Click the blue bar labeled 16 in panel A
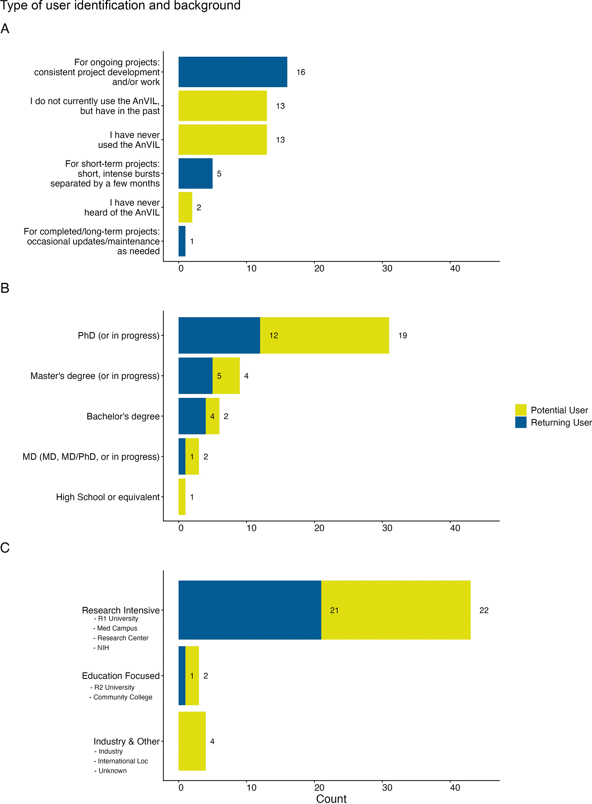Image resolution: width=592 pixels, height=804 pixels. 233,72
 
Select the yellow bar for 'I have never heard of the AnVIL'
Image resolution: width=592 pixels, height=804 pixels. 185,207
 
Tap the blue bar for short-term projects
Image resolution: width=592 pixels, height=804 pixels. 195,173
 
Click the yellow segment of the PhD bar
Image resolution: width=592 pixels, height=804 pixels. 325,335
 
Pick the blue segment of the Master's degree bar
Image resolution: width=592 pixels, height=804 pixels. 195,375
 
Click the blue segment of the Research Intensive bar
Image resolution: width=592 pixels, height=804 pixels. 250,610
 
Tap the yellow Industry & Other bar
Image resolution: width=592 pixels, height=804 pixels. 192,741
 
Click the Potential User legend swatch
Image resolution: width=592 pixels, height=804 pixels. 521,410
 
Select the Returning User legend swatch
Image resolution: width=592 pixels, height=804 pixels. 521,422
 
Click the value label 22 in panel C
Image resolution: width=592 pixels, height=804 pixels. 484,610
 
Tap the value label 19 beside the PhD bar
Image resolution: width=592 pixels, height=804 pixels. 402,335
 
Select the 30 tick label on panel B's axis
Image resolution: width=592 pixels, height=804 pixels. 387,528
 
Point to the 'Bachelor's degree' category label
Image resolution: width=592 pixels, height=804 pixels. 123,416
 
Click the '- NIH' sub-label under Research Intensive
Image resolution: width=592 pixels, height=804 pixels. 101,647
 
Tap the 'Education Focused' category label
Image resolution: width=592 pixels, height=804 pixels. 121,676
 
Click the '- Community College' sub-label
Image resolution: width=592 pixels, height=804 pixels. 121,697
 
